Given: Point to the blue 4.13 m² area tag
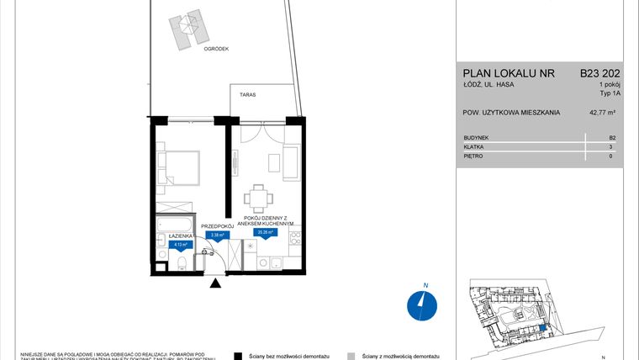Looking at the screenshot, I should click(180, 246).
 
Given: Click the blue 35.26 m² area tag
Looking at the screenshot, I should click(267, 233).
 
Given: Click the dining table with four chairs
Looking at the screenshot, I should click(259, 199).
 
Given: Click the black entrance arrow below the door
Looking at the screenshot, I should click(215, 283).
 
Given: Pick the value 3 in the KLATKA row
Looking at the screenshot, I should click(611, 146).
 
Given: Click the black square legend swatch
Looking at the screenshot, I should click(240, 355).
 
